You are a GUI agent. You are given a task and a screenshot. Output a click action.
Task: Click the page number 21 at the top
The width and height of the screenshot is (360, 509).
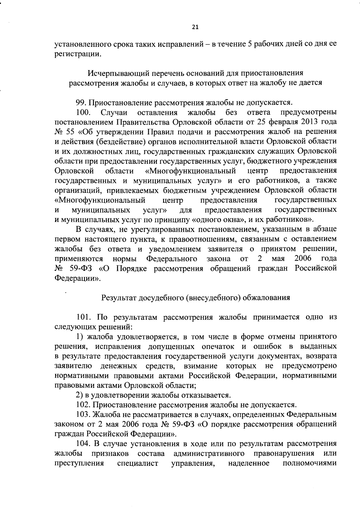(195, 27)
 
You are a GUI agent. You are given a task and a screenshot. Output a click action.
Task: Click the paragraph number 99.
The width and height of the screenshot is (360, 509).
(80, 103)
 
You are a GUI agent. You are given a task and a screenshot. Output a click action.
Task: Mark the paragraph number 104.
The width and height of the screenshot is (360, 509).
(83, 444)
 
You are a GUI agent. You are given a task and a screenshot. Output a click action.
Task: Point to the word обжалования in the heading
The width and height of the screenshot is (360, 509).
(266, 298)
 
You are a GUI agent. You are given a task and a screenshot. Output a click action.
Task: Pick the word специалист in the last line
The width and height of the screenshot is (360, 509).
(137, 463)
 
